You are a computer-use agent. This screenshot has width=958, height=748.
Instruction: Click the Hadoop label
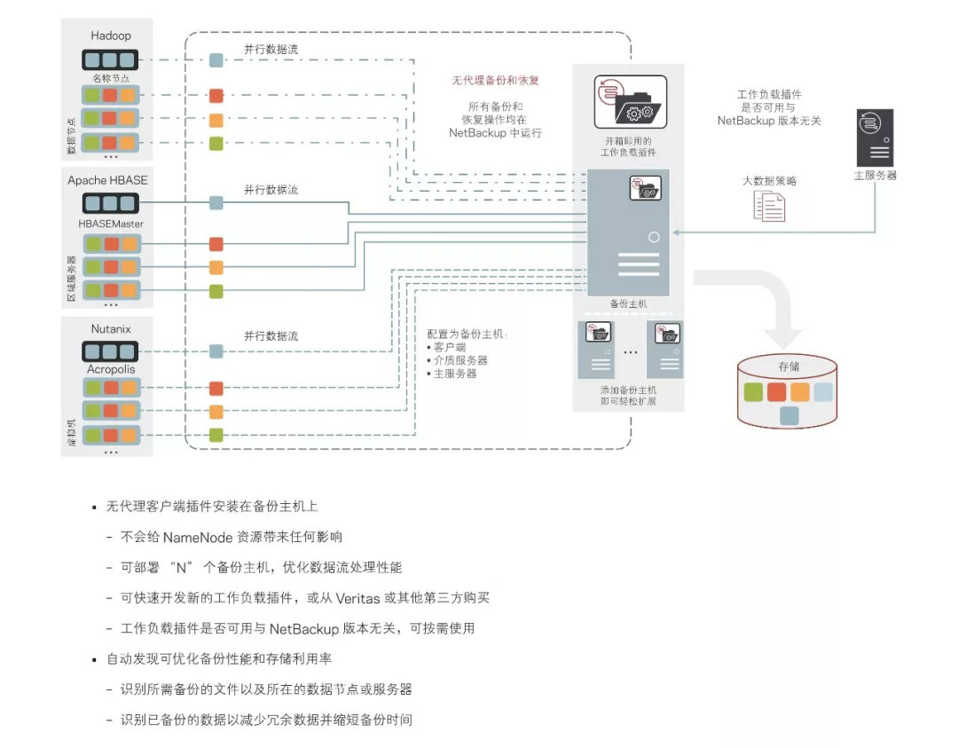111,35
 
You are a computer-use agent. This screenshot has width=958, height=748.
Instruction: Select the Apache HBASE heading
107,180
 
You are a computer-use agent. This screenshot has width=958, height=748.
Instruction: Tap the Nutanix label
111,329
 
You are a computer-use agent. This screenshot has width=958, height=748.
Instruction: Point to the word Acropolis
111,369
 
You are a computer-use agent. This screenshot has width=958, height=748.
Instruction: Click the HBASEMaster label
111,224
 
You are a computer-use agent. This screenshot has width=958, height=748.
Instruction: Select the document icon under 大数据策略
769,206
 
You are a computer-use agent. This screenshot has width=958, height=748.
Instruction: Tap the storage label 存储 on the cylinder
789,366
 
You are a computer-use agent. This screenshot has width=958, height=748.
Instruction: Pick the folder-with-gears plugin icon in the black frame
630,106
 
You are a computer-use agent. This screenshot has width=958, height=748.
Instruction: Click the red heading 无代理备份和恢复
496,80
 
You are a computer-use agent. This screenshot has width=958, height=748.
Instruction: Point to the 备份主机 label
628,304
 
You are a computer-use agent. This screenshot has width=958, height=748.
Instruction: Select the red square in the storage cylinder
777,392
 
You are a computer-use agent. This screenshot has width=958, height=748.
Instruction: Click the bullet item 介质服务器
459,360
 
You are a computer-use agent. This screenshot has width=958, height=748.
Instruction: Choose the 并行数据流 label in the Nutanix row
271,336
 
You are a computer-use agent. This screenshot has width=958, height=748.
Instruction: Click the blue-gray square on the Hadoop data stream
216,60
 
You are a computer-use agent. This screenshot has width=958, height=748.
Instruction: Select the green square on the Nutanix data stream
216,435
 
